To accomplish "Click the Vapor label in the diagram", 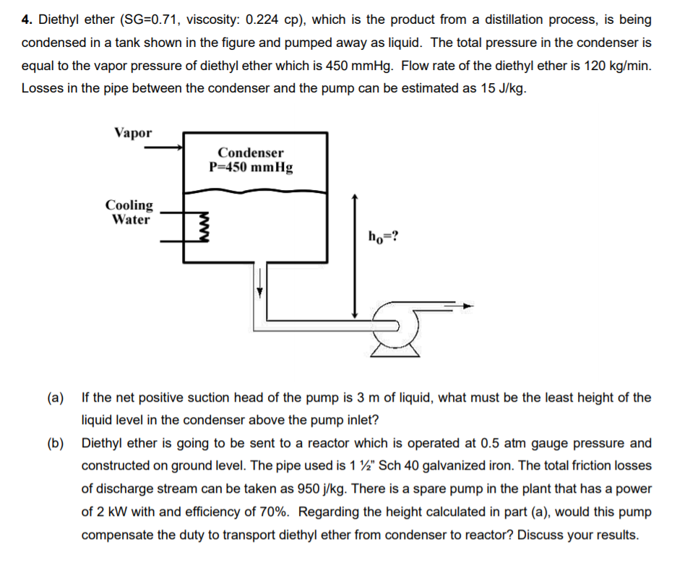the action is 133,133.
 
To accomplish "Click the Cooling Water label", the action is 130,212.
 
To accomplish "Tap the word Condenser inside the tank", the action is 251,152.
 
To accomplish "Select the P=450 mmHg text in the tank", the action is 251,168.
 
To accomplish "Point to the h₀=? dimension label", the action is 381,236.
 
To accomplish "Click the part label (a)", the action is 56,397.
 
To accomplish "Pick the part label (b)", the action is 56,443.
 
